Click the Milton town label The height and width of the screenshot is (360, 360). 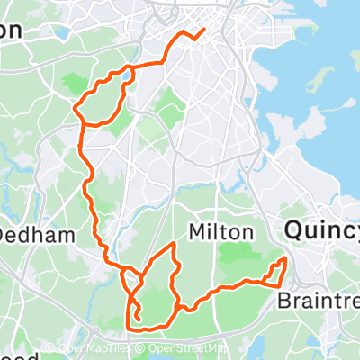[x=220, y=232]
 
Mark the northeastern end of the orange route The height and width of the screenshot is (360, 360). [x=203, y=30]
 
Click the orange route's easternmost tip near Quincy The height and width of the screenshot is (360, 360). [x=286, y=260]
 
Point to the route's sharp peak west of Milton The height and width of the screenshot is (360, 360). [x=172, y=244]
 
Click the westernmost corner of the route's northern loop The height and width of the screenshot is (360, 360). [x=76, y=112]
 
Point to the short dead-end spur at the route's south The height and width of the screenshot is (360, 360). [x=138, y=316]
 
